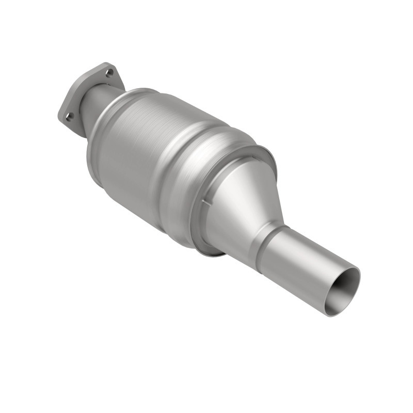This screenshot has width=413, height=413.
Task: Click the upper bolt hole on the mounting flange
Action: [109, 73]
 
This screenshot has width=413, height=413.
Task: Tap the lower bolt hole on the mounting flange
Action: [68, 117]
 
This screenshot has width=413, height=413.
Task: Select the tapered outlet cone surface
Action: [243, 201]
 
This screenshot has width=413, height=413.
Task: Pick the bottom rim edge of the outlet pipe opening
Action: [330, 314]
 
